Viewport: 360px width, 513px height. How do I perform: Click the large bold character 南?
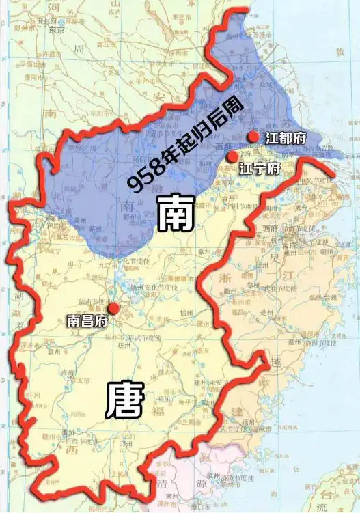click(176, 213)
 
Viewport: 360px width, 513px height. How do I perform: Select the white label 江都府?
click(286, 138)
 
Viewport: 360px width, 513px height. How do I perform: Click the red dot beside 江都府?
click(254, 137)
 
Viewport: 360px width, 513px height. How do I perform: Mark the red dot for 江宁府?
click(232, 157)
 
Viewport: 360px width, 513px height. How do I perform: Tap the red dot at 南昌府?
click(113, 308)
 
